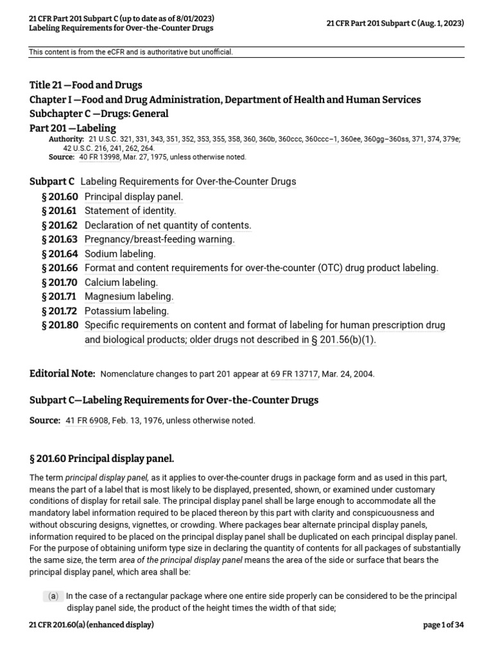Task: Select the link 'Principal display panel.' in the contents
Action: coord(134,197)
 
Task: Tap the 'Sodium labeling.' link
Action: coord(120,254)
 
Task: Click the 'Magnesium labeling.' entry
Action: coord(129,297)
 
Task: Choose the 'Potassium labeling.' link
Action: coord(126,311)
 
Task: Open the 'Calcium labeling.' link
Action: coord(121,283)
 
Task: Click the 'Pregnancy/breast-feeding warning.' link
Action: coord(160,240)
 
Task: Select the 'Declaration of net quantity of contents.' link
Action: coord(168,226)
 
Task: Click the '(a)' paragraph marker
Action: coord(53,596)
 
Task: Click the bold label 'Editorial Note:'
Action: coord(63,374)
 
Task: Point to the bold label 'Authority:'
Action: coord(66,139)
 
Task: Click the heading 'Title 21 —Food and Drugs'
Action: coord(86,85)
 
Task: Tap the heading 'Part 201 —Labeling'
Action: coord(73,128)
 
